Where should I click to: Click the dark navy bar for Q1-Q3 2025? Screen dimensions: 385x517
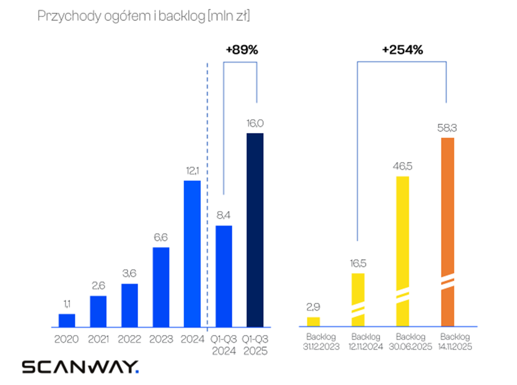tap(255, 230)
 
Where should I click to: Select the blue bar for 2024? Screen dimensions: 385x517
tap(192, 254)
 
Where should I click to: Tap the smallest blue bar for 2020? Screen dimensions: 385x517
tap(67, 320)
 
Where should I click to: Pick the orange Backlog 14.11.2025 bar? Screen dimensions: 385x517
tap(447, 232)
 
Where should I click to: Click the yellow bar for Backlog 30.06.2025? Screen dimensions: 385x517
tap(402, 251)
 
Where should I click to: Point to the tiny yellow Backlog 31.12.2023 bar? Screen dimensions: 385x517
tap(313, 322)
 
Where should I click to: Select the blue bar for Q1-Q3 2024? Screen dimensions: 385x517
tap(223, 276)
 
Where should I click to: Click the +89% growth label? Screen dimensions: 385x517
tap(242, 50)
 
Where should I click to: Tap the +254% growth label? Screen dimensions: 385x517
tap(402, 50)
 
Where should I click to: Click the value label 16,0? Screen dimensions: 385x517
tap(255, 123)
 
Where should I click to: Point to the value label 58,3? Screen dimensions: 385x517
tap(447, 128)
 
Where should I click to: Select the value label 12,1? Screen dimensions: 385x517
tap(192, 171)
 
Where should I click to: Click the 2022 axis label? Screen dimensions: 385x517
tap(129, 339)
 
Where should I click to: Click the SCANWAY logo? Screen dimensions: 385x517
tap(80, 367)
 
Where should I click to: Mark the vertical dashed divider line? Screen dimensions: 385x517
tap(208, 192)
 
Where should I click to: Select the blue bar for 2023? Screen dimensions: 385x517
tap(161, 287)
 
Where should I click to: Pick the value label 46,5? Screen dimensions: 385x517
tap(402, 166)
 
